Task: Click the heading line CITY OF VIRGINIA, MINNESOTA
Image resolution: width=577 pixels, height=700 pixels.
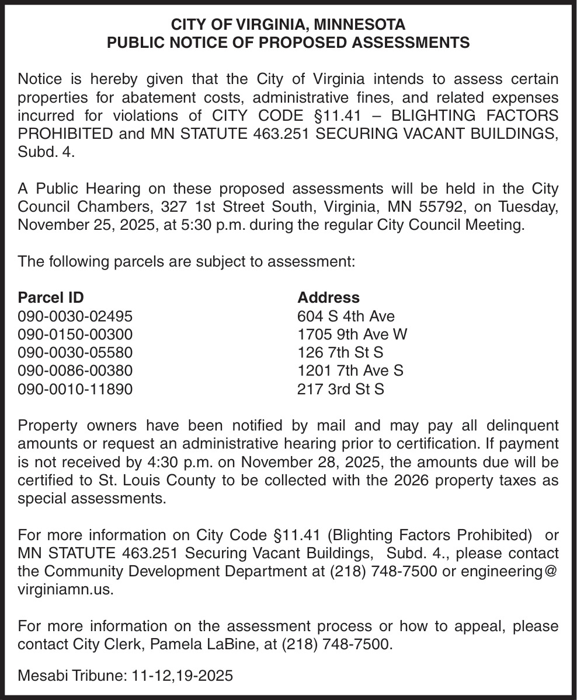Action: point(288,25)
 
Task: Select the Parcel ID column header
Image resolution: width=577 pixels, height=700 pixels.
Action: point(51,297)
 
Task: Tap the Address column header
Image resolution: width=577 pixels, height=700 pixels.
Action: point(328,297)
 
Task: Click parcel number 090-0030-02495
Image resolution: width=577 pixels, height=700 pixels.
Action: point(75,316)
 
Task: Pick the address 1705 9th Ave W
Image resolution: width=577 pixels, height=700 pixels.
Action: point(352,334)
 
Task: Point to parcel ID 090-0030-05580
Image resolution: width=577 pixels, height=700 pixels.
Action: point(75,352)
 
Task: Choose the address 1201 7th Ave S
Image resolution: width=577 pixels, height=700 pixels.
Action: point(350,370)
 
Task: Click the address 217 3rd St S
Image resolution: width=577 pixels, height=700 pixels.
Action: point(340,388)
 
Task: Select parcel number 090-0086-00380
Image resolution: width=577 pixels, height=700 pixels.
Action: point(75,370)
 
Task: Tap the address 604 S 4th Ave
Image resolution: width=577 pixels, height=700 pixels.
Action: point(346,316)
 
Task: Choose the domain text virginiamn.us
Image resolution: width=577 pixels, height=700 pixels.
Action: point(64,590)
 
